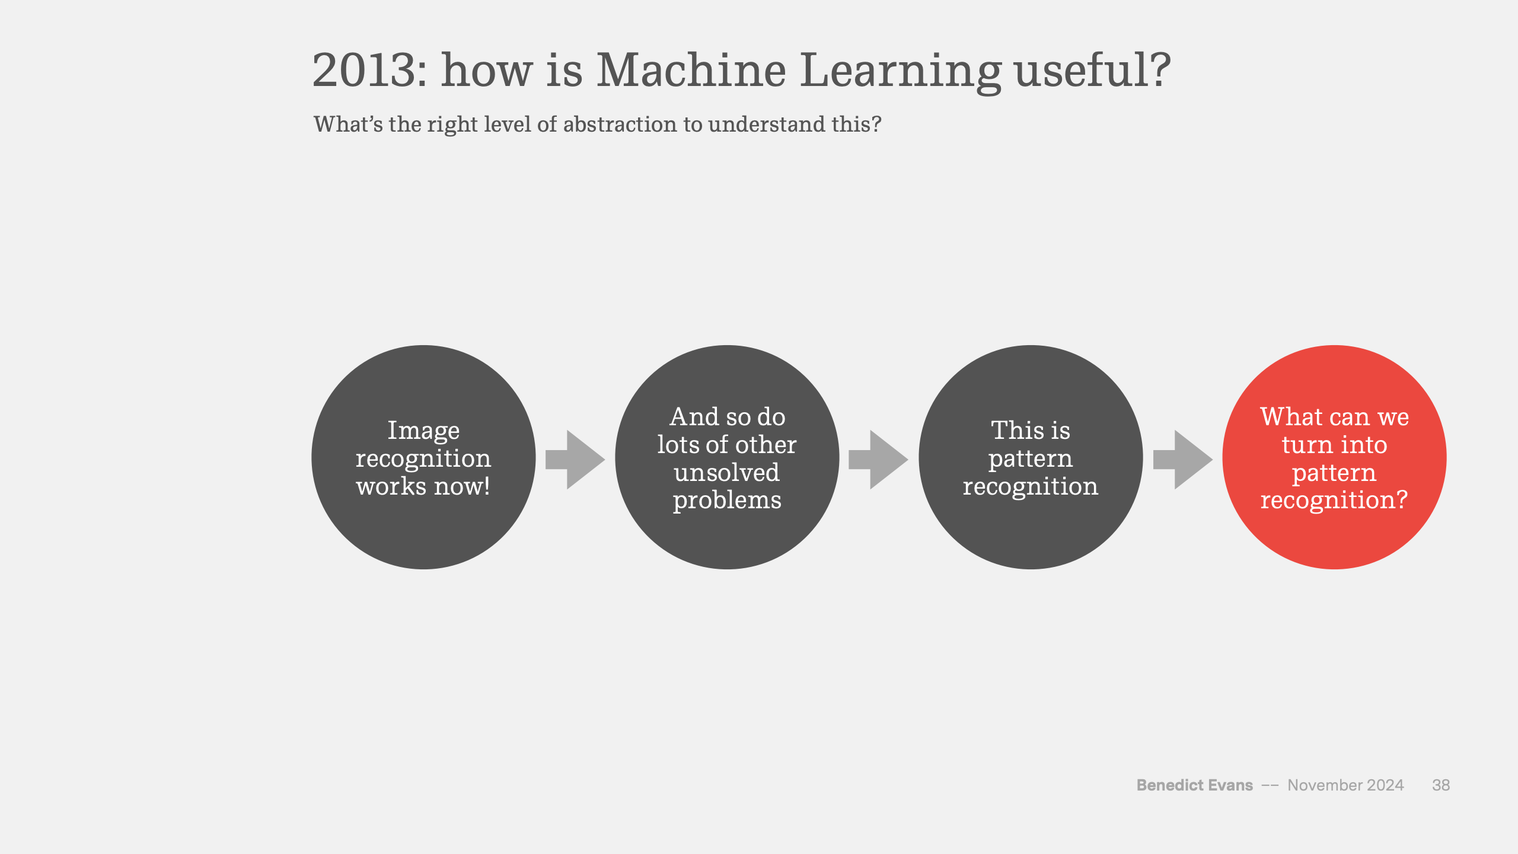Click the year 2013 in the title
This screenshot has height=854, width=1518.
369,71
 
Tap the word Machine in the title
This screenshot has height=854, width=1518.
691,70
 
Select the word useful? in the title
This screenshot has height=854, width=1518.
1092,70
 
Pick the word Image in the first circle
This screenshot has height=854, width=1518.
423,431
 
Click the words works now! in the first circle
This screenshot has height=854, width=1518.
423,486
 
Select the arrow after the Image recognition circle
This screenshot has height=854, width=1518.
575,460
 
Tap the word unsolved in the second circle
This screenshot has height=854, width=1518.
727,473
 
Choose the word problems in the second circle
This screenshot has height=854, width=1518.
727,501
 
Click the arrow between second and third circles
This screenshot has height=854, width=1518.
878,460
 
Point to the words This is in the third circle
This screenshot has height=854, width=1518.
1031,430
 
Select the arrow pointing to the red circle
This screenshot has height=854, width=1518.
1182,460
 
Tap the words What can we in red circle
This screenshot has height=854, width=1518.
1334,416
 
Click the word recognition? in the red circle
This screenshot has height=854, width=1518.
1334,501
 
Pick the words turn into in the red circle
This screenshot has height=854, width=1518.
1334,445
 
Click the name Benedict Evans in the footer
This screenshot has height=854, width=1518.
1194,785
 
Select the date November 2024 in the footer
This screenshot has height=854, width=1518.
1345,785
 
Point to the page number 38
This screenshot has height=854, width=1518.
1441,785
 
